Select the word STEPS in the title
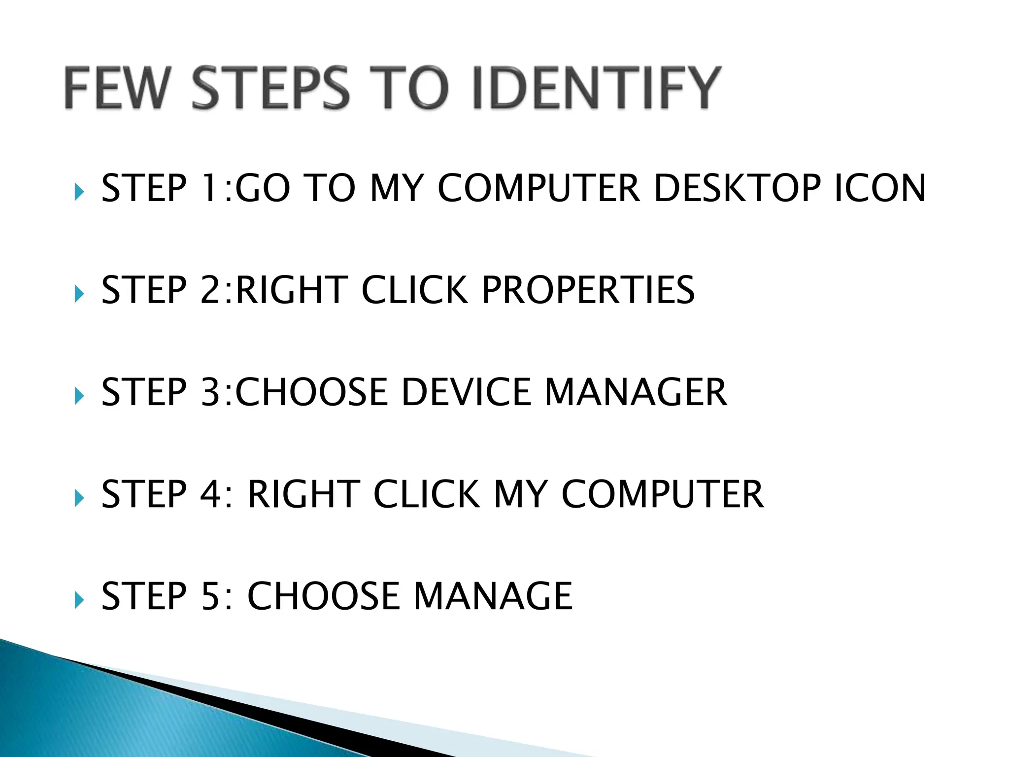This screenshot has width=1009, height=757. pos(270,88)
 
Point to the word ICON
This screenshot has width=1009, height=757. pos(880,188)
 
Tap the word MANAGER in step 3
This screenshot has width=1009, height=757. pos(636,392)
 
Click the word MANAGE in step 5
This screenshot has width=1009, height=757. pos(493,596)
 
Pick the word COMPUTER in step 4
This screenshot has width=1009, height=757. pos(663,494)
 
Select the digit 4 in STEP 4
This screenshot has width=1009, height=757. pos(210,494)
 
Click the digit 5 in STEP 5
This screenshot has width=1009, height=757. pos(210,596)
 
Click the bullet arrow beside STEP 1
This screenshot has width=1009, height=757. pos(79,192)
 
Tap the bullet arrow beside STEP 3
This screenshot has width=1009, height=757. pos(79,396)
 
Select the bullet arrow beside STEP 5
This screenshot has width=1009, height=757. pos(79,600)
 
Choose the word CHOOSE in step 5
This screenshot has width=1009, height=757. pos(323,596)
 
